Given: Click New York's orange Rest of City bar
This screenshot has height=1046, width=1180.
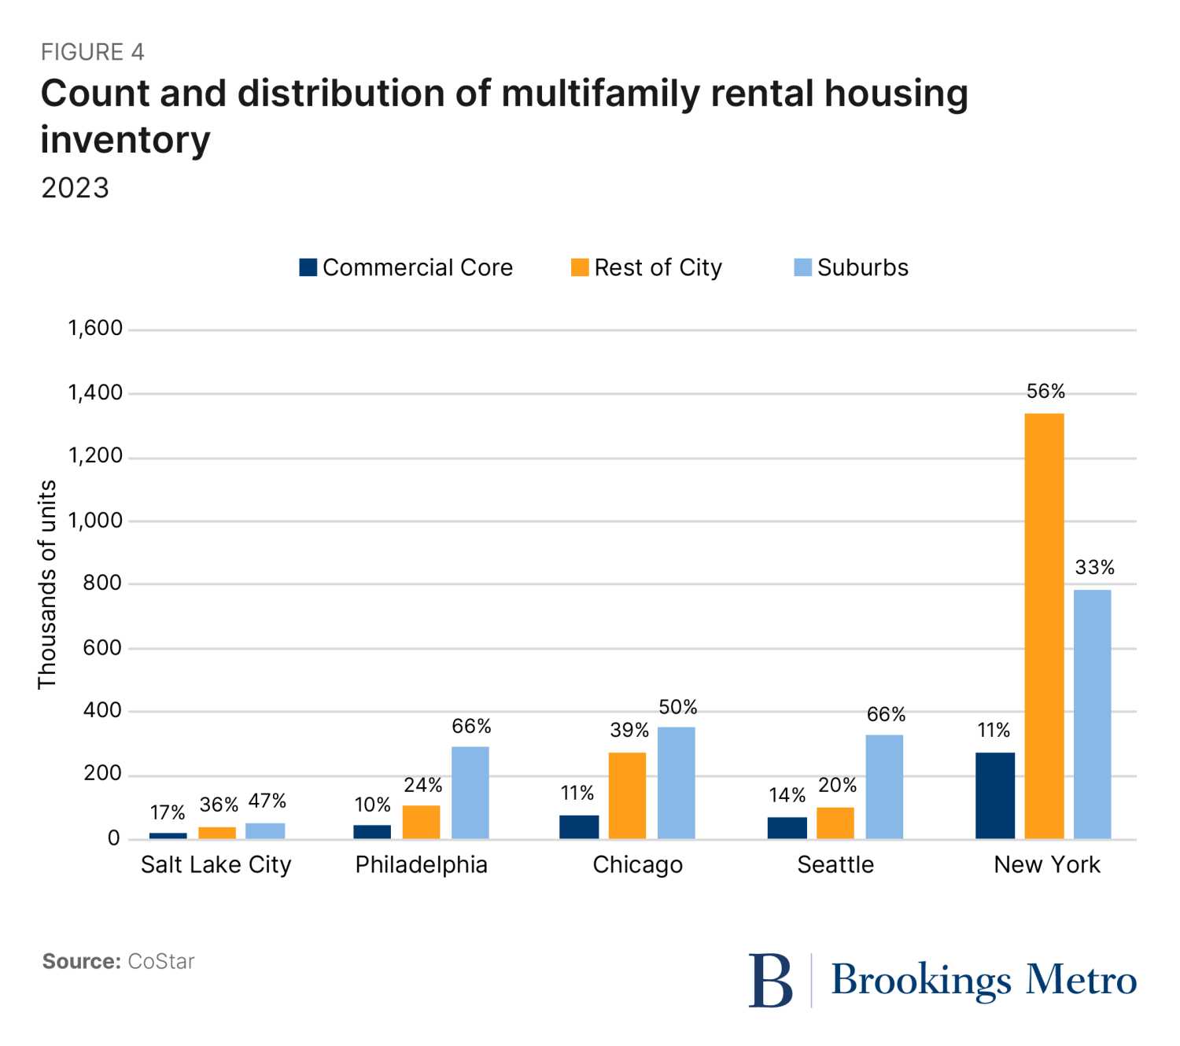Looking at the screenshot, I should [1044, 626].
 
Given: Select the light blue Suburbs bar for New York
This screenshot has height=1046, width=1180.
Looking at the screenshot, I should [1093, 714].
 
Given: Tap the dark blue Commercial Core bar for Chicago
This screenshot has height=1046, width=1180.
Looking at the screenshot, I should [579, 827].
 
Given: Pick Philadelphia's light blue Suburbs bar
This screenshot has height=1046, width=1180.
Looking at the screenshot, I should [470, 793].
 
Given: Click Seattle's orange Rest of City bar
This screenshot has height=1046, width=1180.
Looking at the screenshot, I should [835, 823].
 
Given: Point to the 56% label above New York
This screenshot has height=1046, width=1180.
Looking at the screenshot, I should [1045, 392].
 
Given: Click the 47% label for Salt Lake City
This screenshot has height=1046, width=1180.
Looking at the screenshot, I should [267, 801].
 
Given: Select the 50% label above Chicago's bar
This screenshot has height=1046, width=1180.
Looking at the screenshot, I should [678, 707].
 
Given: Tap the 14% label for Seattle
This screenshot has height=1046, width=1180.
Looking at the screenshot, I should [787, 795].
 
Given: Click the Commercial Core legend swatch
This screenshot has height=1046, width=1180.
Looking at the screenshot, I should [308, 267].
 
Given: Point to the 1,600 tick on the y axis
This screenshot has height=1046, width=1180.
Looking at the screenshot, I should [95, 328].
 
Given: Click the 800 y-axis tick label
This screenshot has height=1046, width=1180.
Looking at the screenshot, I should [102, 583].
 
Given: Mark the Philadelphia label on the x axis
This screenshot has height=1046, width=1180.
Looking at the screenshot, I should [422, 864].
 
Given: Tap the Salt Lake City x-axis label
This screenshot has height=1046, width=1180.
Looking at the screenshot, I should [216, 864].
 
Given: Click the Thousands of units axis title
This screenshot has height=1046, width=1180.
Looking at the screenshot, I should [47, 584].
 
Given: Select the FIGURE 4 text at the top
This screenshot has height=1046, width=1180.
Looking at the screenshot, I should [93, 52].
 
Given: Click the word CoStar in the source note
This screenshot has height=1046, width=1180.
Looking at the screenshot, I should [161, 961].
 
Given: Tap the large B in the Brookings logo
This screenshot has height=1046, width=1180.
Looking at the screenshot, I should [770, 980].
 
